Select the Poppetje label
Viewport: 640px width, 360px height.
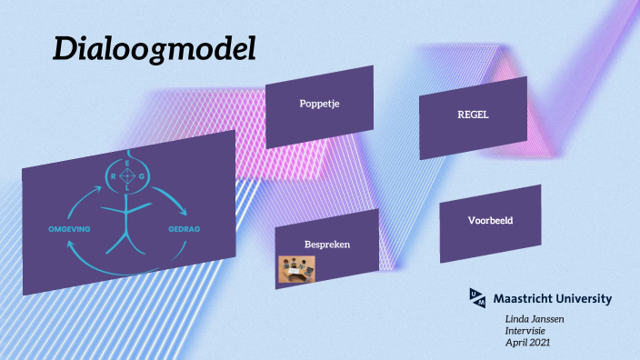[318, 104]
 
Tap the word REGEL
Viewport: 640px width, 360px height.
[472, 115]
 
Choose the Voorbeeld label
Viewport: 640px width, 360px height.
[490, 221]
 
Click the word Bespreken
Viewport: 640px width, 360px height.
[327, 245]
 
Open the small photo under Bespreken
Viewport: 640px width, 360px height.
[296, 268]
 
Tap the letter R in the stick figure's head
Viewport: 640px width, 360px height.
[113, 176]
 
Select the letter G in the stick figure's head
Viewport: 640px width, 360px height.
[144, 176]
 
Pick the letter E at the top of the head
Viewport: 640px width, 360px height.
[128, 162]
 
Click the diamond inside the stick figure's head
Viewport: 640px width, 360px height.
[128, 176]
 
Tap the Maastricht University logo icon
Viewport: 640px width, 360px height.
[477, 296]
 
